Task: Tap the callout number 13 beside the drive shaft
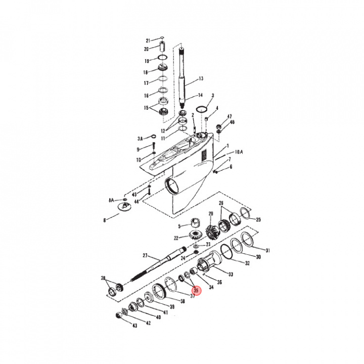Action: coord(201,78)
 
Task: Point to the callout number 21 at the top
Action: coord(148,40)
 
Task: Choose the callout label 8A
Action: coord(111,200)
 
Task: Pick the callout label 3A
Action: coord(141,138)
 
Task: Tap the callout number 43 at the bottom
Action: coord(134,326)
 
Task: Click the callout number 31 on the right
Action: coord(268,250)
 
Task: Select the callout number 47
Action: coord(229,116)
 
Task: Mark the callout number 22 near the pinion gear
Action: coord(176,238)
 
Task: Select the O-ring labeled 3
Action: coord(202,109)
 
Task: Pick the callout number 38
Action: coord(183,301)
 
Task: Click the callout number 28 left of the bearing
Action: coord(104,279)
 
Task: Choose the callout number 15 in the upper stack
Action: coord(147,108)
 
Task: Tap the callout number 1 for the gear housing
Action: coord(227,146)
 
